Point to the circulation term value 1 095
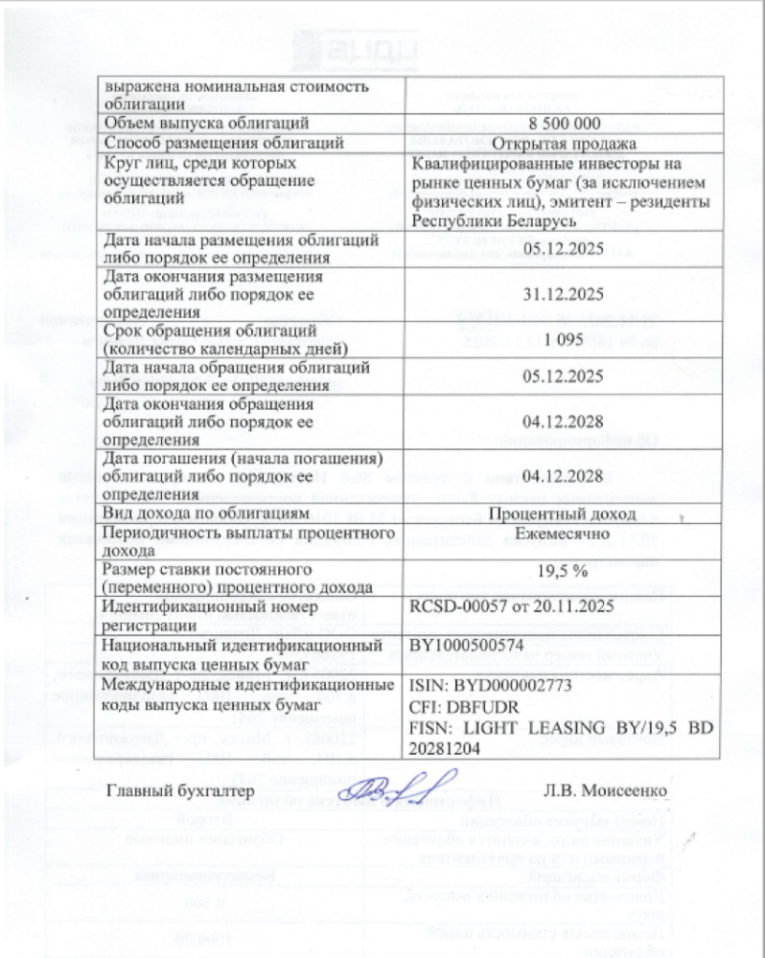click(564, 342)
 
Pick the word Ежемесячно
click(564, 532)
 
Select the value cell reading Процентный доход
click(564, 514)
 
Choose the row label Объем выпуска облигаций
click(206, 123)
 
